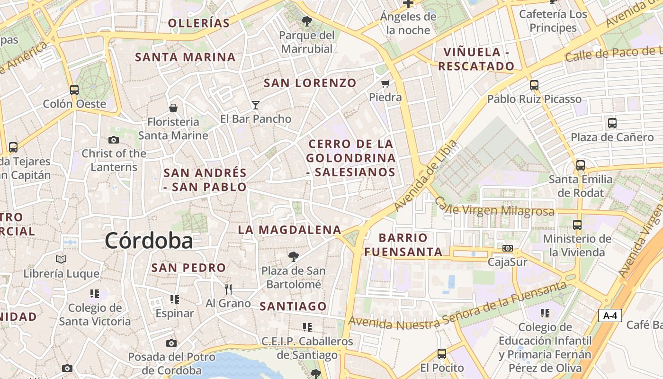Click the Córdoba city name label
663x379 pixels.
(x=149, y=241)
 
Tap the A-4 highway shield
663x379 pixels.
(x=609, y=316)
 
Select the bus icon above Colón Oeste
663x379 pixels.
(x=74, y=90)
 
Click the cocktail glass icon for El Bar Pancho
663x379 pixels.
(x=256, y=105)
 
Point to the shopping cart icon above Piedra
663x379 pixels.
(x=385, y=84)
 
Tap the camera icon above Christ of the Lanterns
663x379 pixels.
(x=114, y=140)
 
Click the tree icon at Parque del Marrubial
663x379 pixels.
(x=307, y=21)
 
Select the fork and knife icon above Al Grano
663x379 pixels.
(x=228, y=289)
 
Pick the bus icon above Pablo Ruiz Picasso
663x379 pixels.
(x=534, y=85)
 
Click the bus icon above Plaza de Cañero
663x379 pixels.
(x=612, y=123)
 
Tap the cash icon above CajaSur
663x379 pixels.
(x=508, y=248)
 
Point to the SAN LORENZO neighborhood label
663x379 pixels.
(x=310, y=83)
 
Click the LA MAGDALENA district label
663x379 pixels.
(x=289, y=230)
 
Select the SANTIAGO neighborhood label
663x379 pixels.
(x=293, y=306)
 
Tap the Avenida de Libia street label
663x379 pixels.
(x=426, y=176)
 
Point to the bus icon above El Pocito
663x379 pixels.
(x=442, y=353)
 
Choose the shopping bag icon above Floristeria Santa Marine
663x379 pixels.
(x=173, y=108)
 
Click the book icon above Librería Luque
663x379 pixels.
(x=61, y=259)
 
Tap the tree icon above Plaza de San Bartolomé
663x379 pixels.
(x=294, y=257)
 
